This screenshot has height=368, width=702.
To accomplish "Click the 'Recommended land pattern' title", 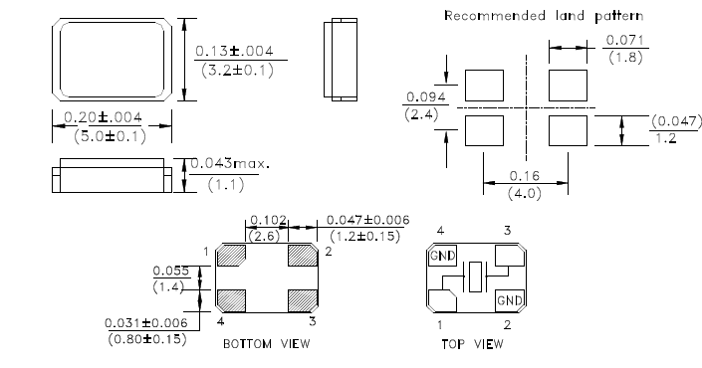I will click(x=543, y=16).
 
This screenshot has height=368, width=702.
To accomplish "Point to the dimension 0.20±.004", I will click(x=103, y=117).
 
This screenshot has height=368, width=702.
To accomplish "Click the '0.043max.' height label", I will click(x=230, y=163).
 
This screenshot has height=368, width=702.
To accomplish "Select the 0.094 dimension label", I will click(x=418, y=97).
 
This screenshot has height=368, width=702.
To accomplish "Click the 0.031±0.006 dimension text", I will click(x=147, y=322).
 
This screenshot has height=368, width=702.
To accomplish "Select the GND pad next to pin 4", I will click(x=440, y=257).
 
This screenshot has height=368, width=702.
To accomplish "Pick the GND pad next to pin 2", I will click(x=508, y=299).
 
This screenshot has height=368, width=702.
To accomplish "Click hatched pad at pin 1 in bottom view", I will click(x=231, y=257).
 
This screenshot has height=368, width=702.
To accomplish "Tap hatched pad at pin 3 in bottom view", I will click(x=301, y=299).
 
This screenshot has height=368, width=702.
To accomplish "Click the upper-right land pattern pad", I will click(x=569, y=83).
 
